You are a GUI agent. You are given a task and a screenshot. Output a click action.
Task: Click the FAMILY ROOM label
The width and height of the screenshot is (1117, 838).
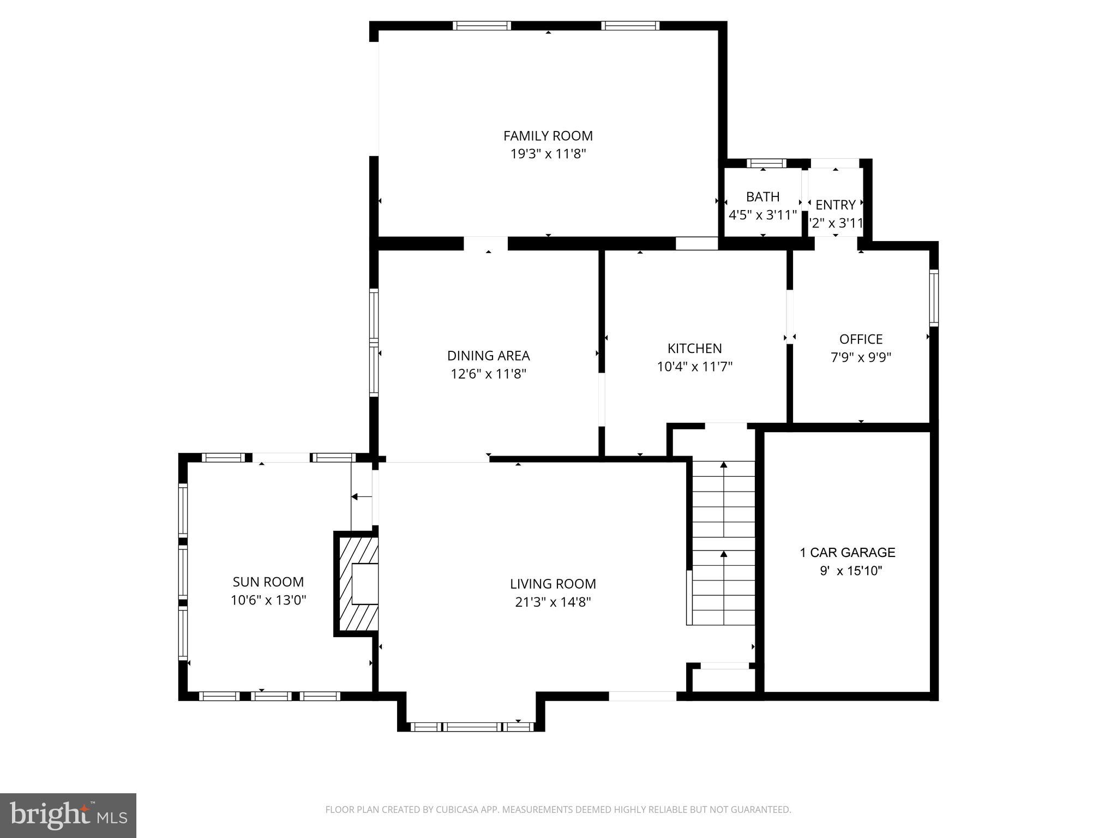pyautogui.click(x=548, y=136)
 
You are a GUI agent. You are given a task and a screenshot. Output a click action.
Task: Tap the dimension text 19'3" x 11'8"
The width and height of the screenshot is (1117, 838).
pyautogui.click(x=548, y=154)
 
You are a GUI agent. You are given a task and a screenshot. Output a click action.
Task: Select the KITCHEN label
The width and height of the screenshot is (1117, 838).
pyautogui.click(x=694, y=349)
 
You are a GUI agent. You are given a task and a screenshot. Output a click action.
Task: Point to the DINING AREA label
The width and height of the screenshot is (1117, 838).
pyautogui.click(x=488, y=356)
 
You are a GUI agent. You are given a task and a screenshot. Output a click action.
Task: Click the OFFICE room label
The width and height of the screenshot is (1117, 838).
pyautogui.click(x=861, y=339)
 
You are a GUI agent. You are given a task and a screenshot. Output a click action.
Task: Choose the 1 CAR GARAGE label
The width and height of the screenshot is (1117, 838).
pyautogui.click(x=847, y=553)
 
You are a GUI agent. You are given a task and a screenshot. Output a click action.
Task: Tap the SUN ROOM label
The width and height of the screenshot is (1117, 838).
pyautogui.click(x=268, y=582)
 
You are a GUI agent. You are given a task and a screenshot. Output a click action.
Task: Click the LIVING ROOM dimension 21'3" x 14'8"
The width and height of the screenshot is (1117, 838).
pyautogui.click(x=553, y=602)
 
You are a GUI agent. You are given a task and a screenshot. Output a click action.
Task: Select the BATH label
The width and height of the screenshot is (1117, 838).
pyautogui.click(x=762, y=197)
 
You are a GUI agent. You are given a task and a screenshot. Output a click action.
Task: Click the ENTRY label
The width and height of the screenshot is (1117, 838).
pyautogui.click(x=835, y=205)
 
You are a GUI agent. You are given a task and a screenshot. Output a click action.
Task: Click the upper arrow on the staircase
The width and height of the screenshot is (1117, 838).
pyautogui.click(x=724, y=465)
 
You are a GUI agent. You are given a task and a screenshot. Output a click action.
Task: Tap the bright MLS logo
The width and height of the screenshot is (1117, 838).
pyautogui.click(x=68, y=816)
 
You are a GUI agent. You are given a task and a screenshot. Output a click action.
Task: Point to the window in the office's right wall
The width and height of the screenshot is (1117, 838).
pyautogui.click(x=934, y=298)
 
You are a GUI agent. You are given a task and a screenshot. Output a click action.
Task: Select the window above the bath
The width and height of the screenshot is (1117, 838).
pyautogui.click(x=766, y=163)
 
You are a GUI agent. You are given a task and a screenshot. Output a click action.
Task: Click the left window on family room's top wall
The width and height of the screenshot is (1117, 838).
pyautogui.click(x=482, y=26)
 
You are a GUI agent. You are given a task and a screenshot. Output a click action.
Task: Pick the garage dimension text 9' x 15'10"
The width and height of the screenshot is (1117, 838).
pyautogui.click(x=850, y=571)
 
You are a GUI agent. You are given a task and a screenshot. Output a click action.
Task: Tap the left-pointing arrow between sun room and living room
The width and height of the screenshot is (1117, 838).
pyautogui.click(x=355, y=497)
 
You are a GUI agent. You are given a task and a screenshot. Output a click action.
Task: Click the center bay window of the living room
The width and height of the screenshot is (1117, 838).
pyautogui.click(x=472, y=727)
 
